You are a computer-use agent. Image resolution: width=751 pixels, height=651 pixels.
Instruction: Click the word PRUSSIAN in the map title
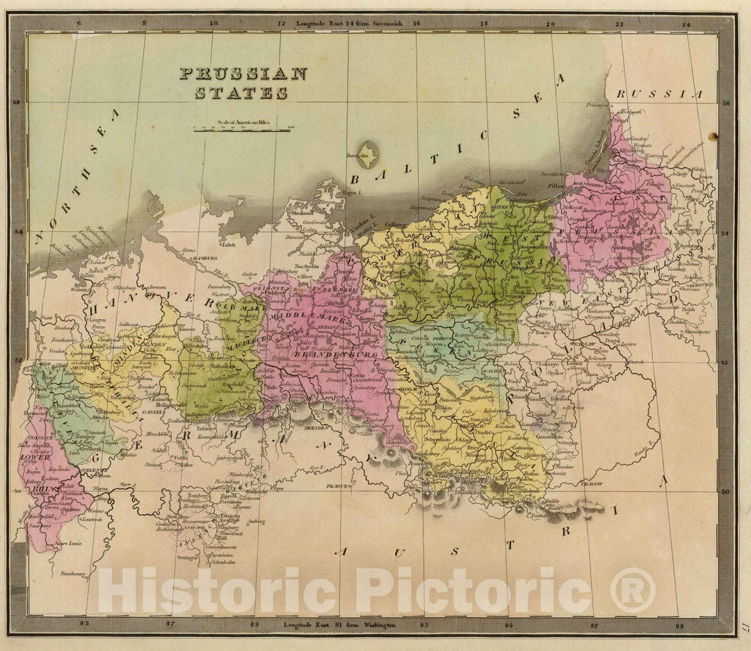[243, 74]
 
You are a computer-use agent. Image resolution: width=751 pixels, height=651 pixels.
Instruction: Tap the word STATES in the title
[241, 92]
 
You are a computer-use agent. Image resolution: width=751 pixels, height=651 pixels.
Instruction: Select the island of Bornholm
[367, 153]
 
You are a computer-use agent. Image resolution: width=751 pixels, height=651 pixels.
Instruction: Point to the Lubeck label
[228, 245]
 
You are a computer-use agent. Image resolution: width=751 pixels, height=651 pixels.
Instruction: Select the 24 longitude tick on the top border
[686, 24]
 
